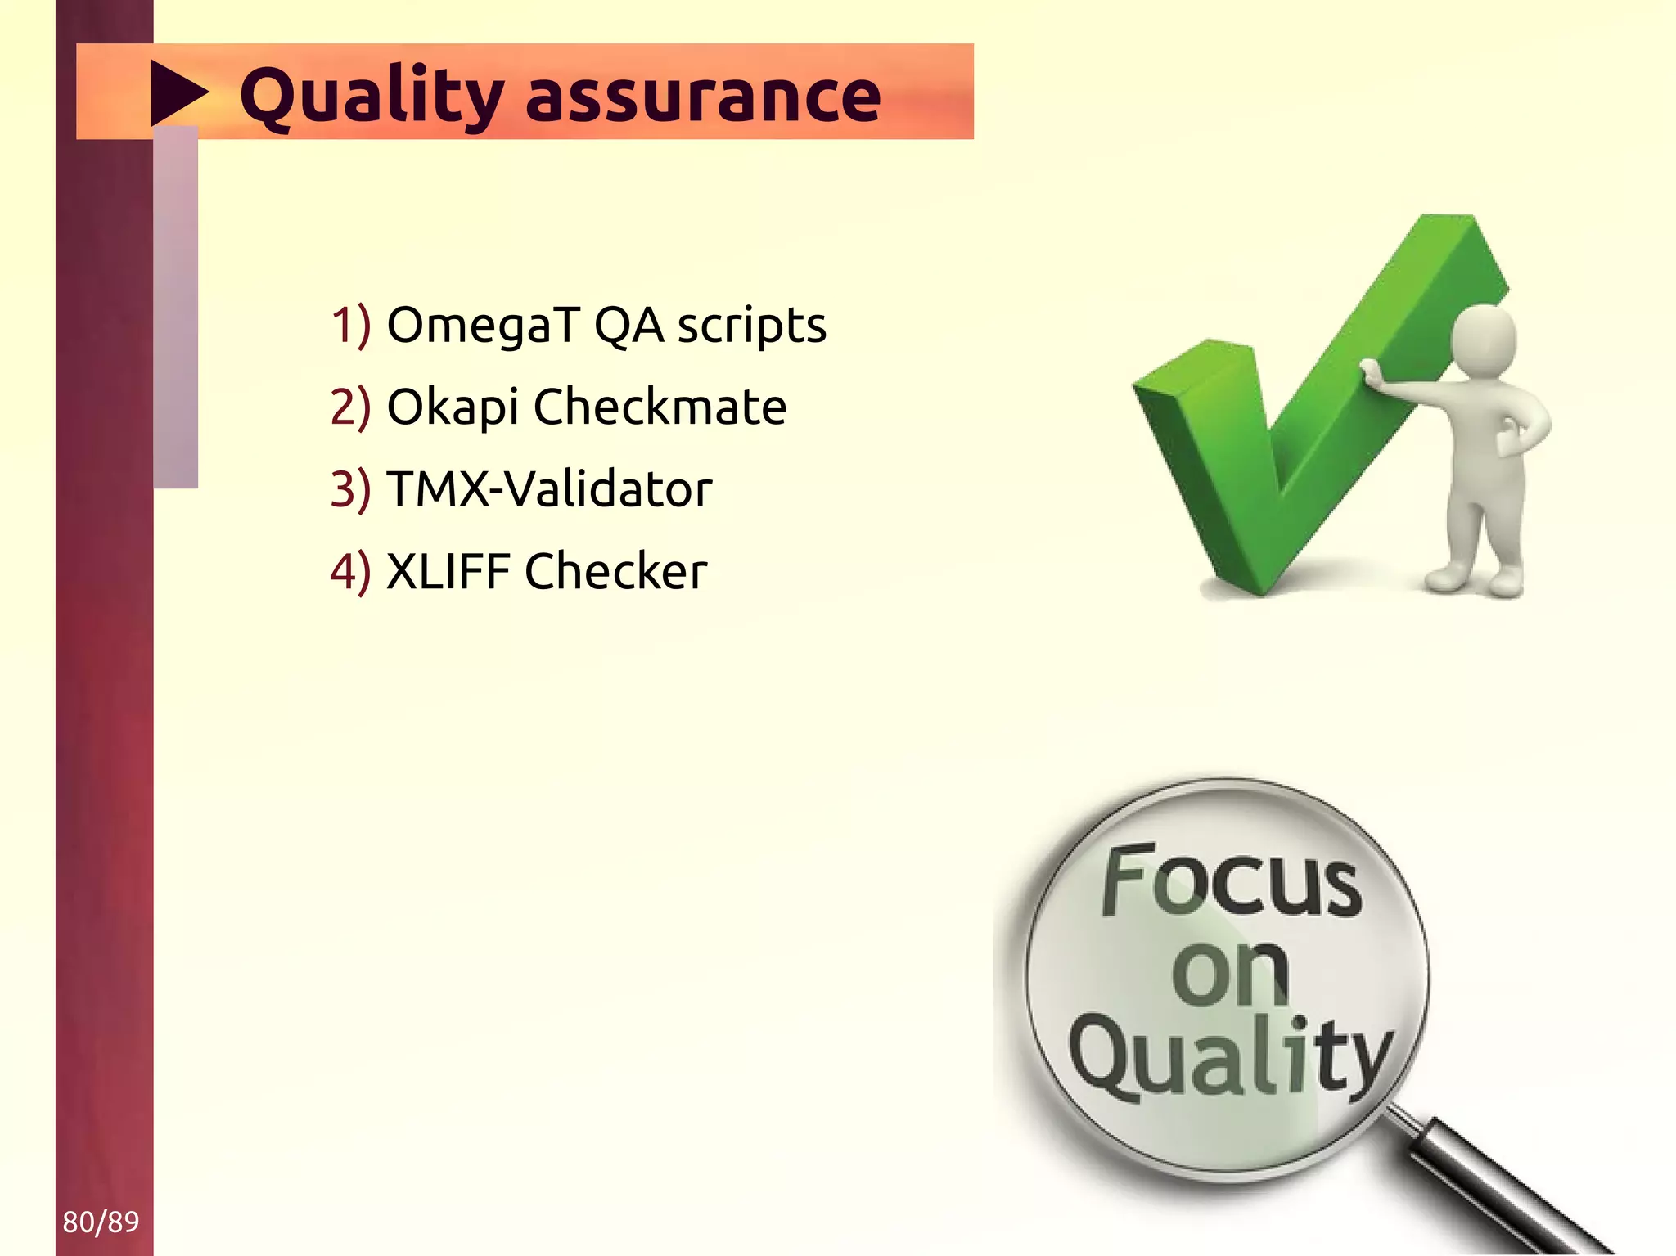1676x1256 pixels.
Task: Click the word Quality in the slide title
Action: point(371,97)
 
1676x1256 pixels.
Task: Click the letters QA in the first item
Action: point(628,326)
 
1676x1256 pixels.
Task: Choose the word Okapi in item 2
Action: point(452,407)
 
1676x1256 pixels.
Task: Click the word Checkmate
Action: point(660,407)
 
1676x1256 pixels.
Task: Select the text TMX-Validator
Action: point(548,489)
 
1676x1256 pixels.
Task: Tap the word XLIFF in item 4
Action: point(448,571)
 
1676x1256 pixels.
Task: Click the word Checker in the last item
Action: point(615,571)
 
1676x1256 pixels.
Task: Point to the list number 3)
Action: point(350,489)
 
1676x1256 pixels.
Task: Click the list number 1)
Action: point(350,326)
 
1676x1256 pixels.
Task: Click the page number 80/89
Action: point(101,1222)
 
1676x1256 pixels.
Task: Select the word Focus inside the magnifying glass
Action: point(1232,881)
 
